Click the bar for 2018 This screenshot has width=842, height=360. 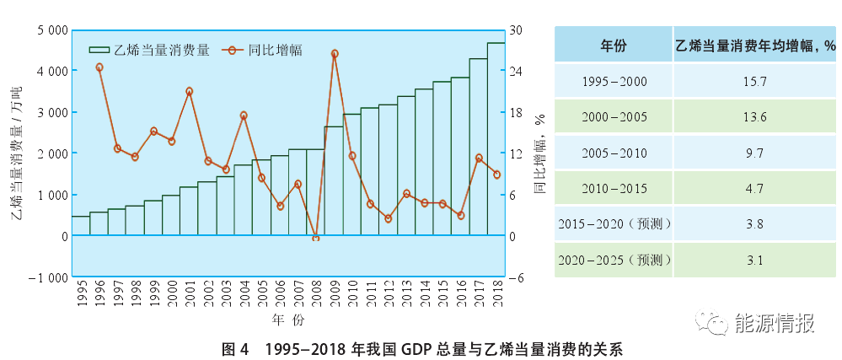point(496,139)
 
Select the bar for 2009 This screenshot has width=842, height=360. point(334,180)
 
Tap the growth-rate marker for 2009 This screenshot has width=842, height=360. point(335,53)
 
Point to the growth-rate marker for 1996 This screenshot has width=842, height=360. point(99,67)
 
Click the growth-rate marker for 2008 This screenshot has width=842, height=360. point(316,239)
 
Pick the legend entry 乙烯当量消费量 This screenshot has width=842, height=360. point(151,50)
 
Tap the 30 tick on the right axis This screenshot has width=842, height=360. point(516,30)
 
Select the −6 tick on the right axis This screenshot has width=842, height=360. point(516,277)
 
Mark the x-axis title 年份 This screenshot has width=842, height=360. point(282,321)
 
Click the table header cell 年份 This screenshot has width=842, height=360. point(613,45)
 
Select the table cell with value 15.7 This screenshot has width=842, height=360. point(755,81)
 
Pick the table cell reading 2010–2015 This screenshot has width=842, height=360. point(613,189)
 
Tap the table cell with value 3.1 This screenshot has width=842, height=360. point(755,261)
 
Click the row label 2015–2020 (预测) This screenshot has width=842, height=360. point(613,224)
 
